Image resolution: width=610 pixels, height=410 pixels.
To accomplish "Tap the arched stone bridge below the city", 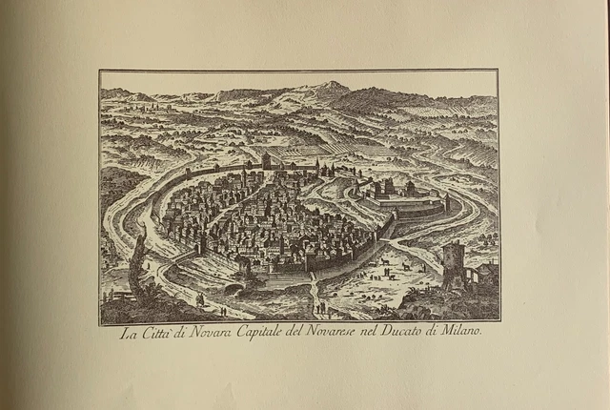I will click(x=234, y=285).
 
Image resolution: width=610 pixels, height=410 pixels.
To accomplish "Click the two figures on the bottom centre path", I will click(x=321, y=306).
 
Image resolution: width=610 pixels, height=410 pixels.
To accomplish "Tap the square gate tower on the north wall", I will click(x=266, y=161).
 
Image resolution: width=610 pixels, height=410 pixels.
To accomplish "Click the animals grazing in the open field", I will click(x=391, y=263).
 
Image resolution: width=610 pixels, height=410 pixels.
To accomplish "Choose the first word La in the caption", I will click(x=128, y=335).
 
